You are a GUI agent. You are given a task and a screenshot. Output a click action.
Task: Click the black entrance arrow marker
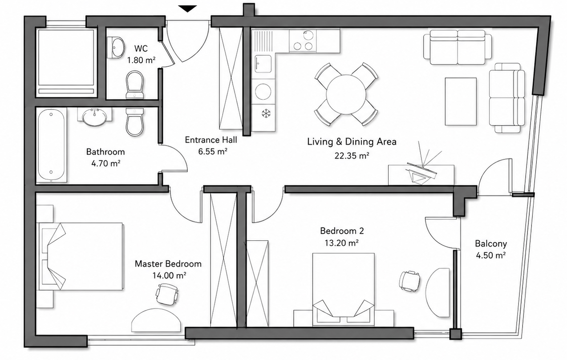187,8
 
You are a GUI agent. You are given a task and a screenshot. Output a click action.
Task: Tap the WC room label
141,49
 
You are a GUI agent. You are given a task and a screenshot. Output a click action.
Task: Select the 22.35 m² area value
352,156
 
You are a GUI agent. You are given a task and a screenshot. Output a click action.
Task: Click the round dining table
346,94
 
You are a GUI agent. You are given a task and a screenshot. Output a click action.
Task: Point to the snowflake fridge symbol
266,113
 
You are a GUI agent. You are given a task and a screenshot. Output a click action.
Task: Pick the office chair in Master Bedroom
167,294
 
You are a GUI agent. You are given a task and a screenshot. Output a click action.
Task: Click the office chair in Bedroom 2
409,281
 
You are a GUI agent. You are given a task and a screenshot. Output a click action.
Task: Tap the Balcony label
491,243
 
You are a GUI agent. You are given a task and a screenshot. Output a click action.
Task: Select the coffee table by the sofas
461,101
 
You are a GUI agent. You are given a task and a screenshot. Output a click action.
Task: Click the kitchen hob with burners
303,41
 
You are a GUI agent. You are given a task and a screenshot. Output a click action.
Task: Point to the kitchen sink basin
263,64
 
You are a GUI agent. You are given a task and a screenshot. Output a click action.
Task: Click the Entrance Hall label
211,140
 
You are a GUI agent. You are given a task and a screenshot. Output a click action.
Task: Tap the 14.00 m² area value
169,275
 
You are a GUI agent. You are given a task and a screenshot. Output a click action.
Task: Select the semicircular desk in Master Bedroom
156,320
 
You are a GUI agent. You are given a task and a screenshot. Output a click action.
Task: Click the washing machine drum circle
263,91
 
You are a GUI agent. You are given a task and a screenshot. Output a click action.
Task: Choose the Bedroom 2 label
342,231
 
